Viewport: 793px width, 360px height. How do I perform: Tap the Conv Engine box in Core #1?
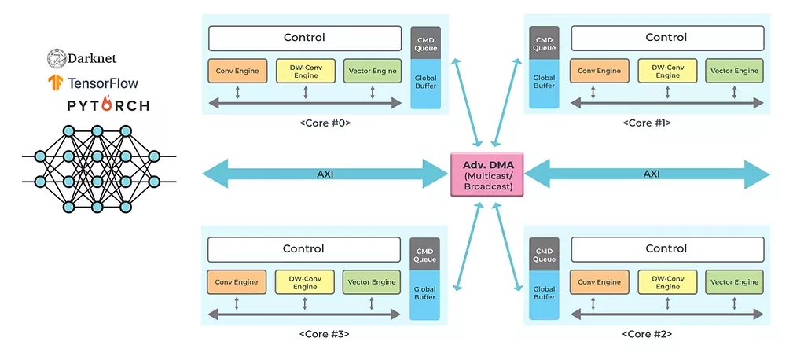[599, 71]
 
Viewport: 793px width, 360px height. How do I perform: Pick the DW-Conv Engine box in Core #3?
[305, 282]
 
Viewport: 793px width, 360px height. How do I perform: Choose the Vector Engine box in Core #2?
[734, 282]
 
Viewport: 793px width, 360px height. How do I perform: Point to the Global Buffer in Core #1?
[544, 83]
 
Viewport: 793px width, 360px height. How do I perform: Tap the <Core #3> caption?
[324, 334]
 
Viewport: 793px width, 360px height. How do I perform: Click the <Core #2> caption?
[647, 334]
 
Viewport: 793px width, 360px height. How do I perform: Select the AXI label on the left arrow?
[325, 174]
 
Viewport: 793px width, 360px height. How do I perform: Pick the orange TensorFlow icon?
[55, 82]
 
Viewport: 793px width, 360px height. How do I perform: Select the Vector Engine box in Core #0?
[372, 71]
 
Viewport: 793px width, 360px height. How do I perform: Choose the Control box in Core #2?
[666, 248]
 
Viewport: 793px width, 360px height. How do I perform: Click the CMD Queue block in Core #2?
[544, 253]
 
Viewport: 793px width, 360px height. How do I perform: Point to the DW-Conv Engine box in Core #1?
[667, 71]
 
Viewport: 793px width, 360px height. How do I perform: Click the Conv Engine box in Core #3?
[236, 282]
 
